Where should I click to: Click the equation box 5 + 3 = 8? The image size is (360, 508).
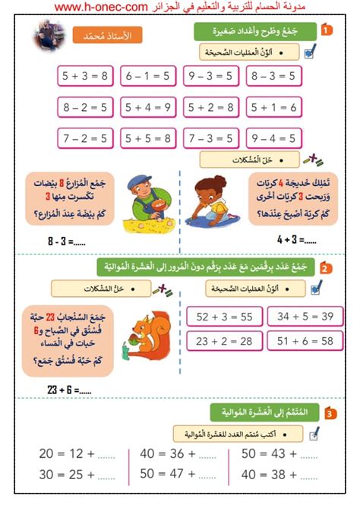pos(84,76)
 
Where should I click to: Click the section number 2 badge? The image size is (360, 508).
pos(324,267)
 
